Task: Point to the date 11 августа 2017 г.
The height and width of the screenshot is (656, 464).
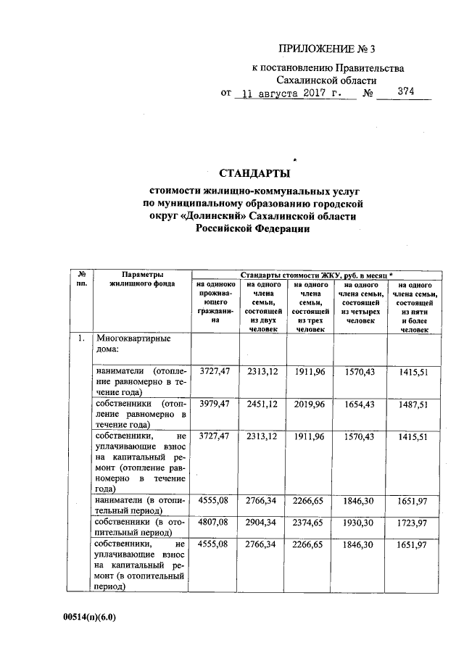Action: click(292, 94)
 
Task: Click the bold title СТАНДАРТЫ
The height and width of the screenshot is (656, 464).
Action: click(254, 173)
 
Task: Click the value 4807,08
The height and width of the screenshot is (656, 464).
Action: click(213, 522)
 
